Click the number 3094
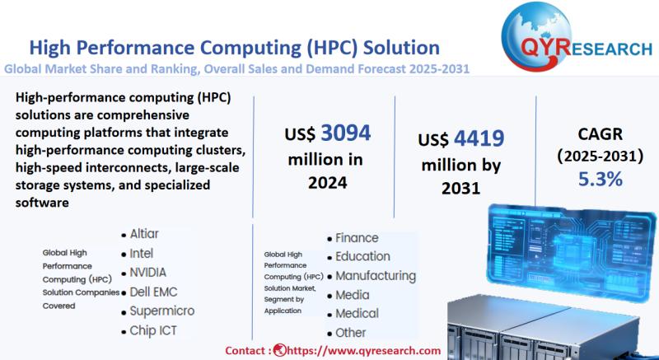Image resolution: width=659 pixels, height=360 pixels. click(346, 133)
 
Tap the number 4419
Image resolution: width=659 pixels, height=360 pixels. click(479, 138)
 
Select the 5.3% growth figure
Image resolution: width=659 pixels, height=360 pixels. click(601, 179)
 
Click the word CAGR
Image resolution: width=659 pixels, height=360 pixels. click(600, 134)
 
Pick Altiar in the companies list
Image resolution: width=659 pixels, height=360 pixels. click(144, 234)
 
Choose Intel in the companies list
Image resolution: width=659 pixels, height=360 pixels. click(141, 253)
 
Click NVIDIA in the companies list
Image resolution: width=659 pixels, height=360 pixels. click(148, 272)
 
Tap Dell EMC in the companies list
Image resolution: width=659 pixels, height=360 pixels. click(153, 292)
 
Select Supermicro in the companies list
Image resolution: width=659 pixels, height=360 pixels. click(162, 311)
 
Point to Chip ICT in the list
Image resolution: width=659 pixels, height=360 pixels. click(153, 330)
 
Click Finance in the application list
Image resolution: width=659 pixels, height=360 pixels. click(357, 238)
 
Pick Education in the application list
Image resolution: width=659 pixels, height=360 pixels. click(362, 257)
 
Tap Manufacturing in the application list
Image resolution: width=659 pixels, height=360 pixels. click(376, 276)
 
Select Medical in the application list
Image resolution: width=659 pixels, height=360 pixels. click(357, 313)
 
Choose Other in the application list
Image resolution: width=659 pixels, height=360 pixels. click(351, 333)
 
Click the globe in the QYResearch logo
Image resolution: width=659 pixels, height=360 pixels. click(537, 36)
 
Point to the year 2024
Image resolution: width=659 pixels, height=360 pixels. click(328, 183)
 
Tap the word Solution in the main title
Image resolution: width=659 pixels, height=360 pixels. click(401, 48)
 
